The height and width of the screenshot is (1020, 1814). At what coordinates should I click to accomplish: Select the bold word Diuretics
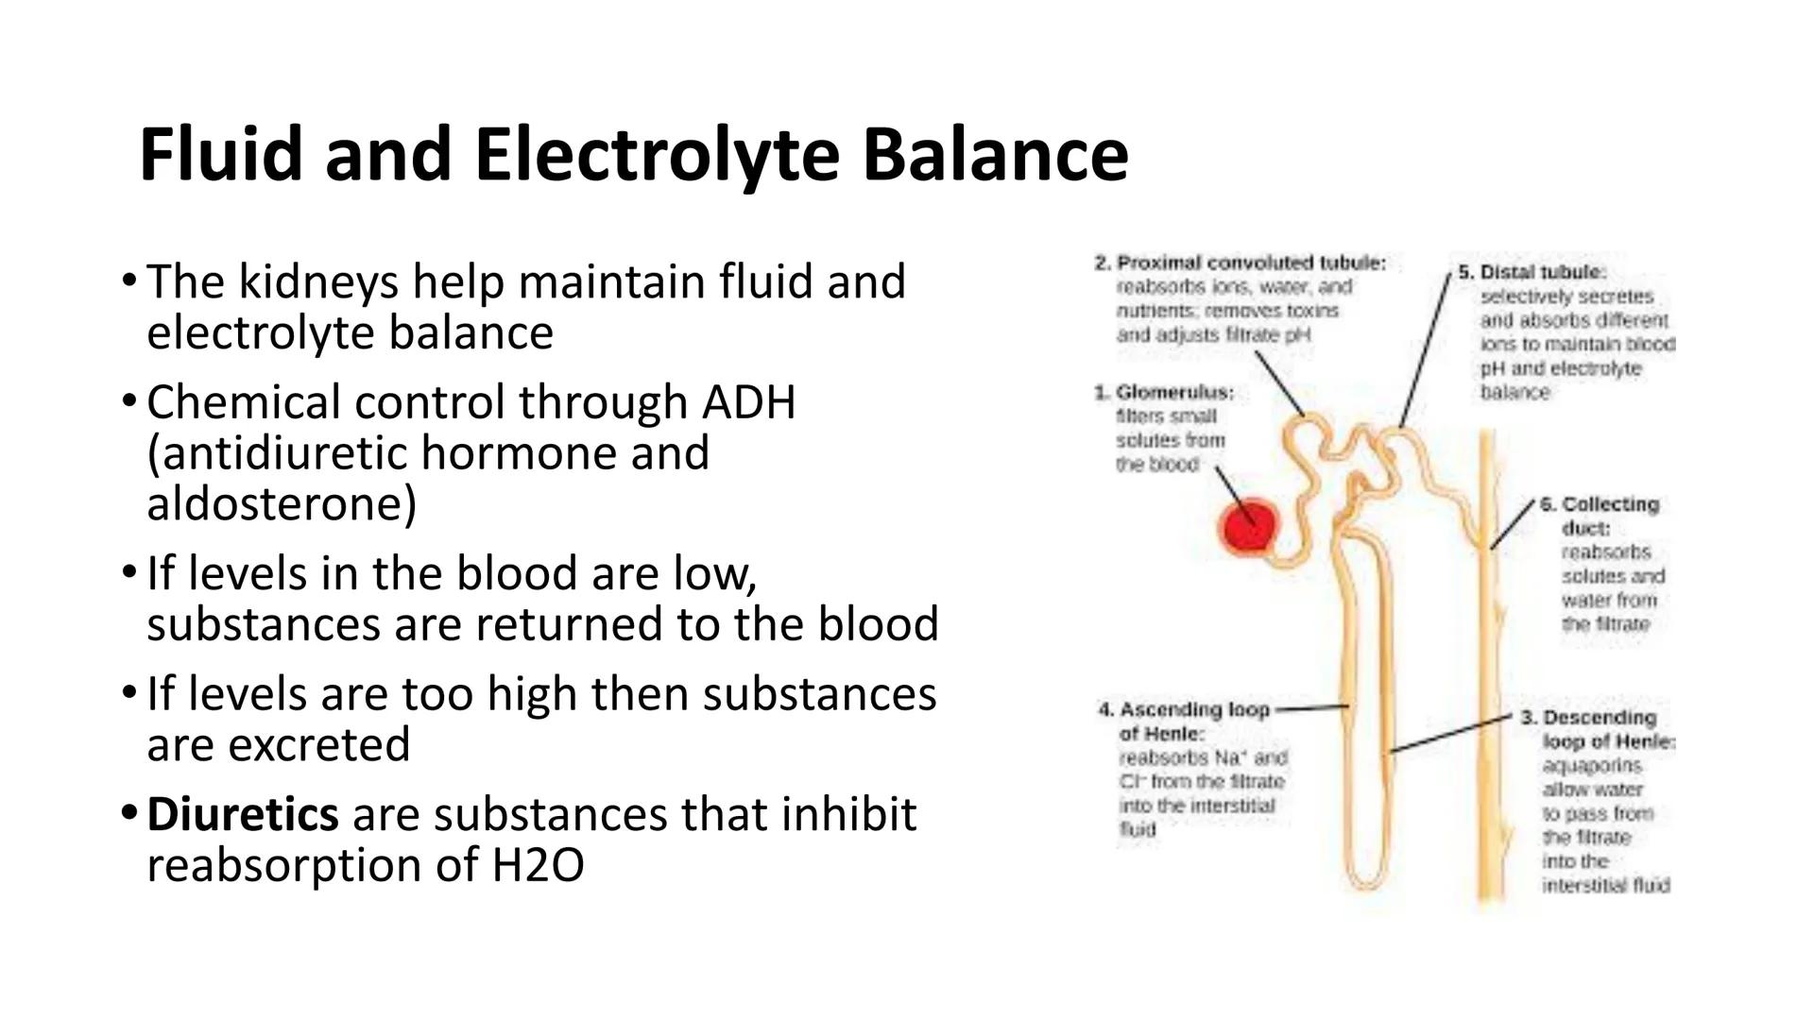(242, 814)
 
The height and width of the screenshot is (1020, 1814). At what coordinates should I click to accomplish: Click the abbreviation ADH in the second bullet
(748, 402)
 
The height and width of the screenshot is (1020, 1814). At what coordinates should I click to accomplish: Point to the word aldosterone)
(282, 503)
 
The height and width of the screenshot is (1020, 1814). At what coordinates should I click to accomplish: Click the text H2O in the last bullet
(538, 865)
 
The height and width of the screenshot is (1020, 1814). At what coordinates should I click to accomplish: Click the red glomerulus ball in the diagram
(1248, 527)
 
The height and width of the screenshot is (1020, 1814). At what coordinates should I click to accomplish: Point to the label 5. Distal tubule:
(1532, 272)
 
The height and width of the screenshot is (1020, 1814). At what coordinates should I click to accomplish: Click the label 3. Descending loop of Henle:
(1598, 729)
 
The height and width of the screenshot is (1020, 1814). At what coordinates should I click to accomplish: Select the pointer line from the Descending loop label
(1450, 733)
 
